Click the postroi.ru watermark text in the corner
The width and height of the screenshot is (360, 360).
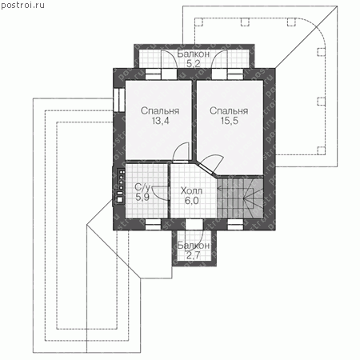click(x=22, y=6)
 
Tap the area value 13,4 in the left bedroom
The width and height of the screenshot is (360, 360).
click(x=160, y=121)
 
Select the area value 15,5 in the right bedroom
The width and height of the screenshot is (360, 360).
click(x=229, y=121)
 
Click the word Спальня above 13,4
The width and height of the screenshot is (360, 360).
click(x=160, y=111)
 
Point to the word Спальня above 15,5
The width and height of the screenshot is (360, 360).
click(x=229, y=111)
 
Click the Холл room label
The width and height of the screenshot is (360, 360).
click(x=191, y=191)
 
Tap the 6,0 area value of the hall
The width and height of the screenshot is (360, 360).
click(x=192, y=201)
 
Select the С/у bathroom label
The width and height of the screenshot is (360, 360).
click(x=142, y=187)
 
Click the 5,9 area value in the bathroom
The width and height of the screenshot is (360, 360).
click(x=142, y=198)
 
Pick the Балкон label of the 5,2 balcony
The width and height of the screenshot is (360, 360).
click(x=194, y=54)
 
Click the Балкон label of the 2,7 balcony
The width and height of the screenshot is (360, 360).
click(x=194, y=246)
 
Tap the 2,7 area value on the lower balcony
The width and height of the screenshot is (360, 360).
click(x=193, y=255)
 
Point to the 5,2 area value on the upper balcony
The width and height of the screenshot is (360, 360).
click(x=194, y=64)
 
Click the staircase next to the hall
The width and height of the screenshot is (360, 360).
click(x=240, y=198)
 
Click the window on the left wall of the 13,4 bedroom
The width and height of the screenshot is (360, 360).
click(x=119, y=100)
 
